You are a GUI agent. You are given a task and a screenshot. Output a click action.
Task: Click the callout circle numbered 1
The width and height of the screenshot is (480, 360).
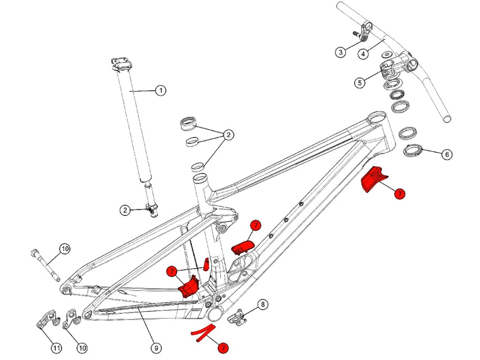(x=161, y=91)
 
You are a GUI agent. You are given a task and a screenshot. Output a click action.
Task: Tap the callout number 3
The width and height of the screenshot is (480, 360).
(x=340, y=52)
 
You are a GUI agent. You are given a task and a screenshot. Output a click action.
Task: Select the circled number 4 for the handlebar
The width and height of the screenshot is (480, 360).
(x=363, y=54)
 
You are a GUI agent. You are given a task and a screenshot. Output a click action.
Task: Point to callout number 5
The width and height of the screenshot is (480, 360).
(x=360, y=83)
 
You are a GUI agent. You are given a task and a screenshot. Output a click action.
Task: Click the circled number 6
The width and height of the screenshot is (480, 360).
(x=447, y=155)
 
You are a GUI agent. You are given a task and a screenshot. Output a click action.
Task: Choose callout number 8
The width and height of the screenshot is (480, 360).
(x=263, y=304)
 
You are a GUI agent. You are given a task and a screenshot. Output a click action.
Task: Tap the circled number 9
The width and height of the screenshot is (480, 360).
(x=156, y=348)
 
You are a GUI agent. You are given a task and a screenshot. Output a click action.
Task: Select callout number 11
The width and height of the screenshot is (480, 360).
(x=57, y=348)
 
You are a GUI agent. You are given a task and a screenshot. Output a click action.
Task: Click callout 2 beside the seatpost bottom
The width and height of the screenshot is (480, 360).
(x=125, y=210)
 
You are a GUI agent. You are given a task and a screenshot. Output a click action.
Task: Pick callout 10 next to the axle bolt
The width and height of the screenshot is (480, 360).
(x=65, y=249)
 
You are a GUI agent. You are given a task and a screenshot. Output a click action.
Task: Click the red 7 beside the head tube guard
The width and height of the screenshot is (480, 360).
(x=399, y=194)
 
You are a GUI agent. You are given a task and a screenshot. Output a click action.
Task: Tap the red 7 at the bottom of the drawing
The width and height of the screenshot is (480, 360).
(x=223, y=348)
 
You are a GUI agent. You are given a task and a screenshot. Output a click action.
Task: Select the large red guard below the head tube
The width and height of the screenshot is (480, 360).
(x=372, y=179)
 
